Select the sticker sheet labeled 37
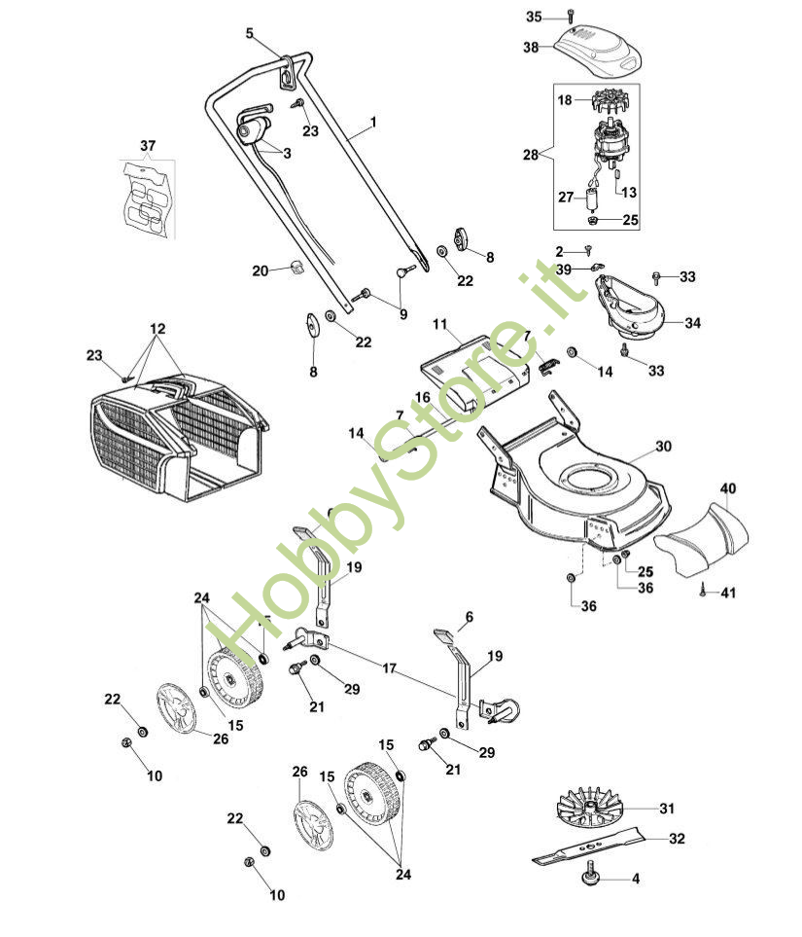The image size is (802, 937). [x=149, y=199]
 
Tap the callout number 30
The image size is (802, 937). [x=663, y=447]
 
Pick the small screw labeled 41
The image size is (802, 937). [x=702, y=589]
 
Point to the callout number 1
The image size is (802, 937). [x=373, y=124]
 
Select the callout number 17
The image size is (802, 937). [x=389, y=668]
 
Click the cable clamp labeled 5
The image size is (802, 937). [x=289, y=71]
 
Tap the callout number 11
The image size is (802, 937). [x=439, y=323]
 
